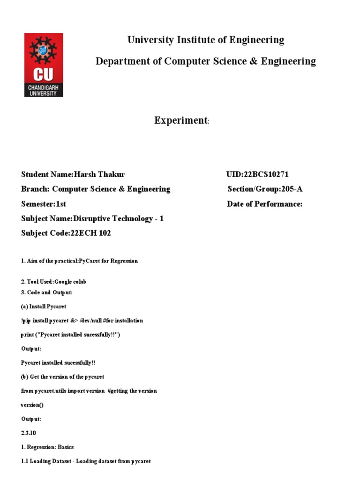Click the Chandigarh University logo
click(44, 65)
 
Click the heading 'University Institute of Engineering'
click(206, 40)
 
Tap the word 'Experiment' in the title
click(181, 120)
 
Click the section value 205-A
click(292, 189)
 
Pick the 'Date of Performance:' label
click(264, 204)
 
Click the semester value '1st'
click(61, 204)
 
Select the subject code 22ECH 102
click(90, 233)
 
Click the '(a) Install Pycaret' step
click(44, 307)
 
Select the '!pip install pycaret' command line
click(82, 321)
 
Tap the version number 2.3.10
click(29, 433)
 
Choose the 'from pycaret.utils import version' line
click(89, 390)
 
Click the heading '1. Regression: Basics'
click(47, 447)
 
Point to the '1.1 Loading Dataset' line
click(86, 461)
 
